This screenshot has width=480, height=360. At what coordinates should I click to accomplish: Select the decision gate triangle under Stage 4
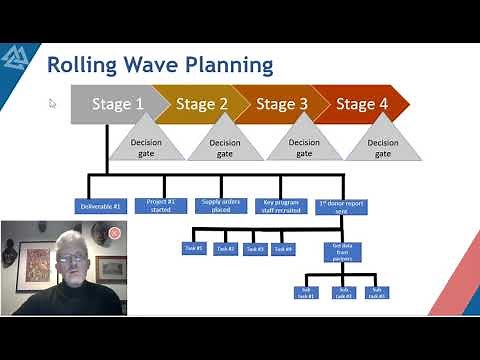[383, 144]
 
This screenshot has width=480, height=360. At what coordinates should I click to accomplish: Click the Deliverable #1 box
[101, 206]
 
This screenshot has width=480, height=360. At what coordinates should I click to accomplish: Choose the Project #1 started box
[161, 206]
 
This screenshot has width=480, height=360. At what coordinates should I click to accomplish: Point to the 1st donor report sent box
[343, 207]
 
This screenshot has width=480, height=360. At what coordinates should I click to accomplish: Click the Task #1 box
[194, 248]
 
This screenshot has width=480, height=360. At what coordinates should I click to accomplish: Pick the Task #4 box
[284, 248]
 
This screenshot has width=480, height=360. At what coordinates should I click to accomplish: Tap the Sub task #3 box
[376, 293]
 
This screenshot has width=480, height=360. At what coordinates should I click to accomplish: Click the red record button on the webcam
[115, 233]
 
